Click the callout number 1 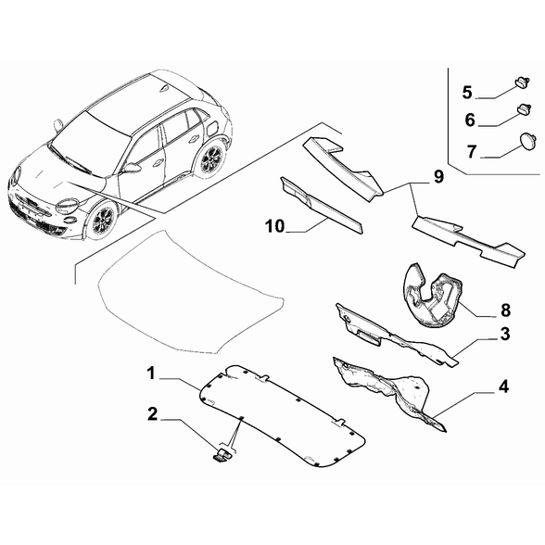point(151,374)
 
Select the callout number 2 point(153,414)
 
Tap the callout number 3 point(505,334)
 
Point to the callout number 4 point(503,387)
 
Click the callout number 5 point(467,93)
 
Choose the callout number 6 point(470,120)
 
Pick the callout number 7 point(472,152)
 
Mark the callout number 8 point(505,310)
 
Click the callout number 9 point(439,176)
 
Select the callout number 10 point(275,226)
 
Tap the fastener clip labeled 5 point(523,83)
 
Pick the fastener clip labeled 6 point(525,108)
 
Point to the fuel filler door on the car point(212,128)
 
